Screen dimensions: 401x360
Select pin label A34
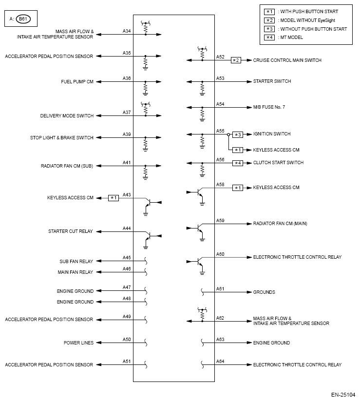pos(127,31)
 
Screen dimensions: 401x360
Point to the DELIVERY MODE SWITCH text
pos(67,116)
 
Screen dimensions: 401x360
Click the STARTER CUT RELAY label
pos(71,231)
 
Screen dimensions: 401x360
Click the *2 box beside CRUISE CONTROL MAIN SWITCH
pos(236,60)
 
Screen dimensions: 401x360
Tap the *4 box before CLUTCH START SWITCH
pos(237,163)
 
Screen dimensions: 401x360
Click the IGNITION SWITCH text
pos(272,134)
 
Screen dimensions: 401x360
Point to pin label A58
pos(220,185)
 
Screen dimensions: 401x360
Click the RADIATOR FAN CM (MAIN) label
pos(280,224)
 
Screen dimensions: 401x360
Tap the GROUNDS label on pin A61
pos(264,292)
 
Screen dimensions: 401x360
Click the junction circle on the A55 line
pos(228,134)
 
